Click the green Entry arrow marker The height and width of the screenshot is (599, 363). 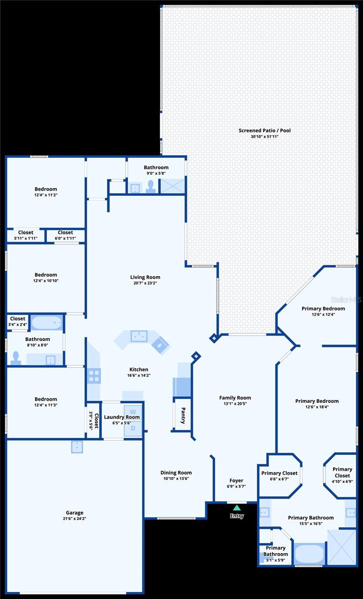click(236, 507)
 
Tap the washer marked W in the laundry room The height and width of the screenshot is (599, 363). click(133, 412)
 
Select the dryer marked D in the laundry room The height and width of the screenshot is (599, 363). click(133, 428)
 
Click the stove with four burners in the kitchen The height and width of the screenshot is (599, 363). click(94, 376)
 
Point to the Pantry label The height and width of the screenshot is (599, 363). click(183, 415)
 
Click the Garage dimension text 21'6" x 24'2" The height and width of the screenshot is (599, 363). click(74, 519)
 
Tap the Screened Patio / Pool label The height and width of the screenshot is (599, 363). click(264, 130)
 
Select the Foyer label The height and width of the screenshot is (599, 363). click(236, 481)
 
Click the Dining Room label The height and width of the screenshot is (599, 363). click(176, 473)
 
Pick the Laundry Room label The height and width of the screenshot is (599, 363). click(122, 417)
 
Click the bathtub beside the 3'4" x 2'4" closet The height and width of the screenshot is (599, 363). click(47, 322)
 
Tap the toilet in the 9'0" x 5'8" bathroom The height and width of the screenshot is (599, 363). click(151, 187)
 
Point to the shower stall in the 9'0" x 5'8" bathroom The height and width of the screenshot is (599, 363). click(172, 186)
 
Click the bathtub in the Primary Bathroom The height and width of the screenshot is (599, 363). click(309, 553)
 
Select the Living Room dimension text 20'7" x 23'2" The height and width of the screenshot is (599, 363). click(145, 283)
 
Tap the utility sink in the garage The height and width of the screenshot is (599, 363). click(77, 447)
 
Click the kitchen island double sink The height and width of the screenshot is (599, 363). click(139, 336)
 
